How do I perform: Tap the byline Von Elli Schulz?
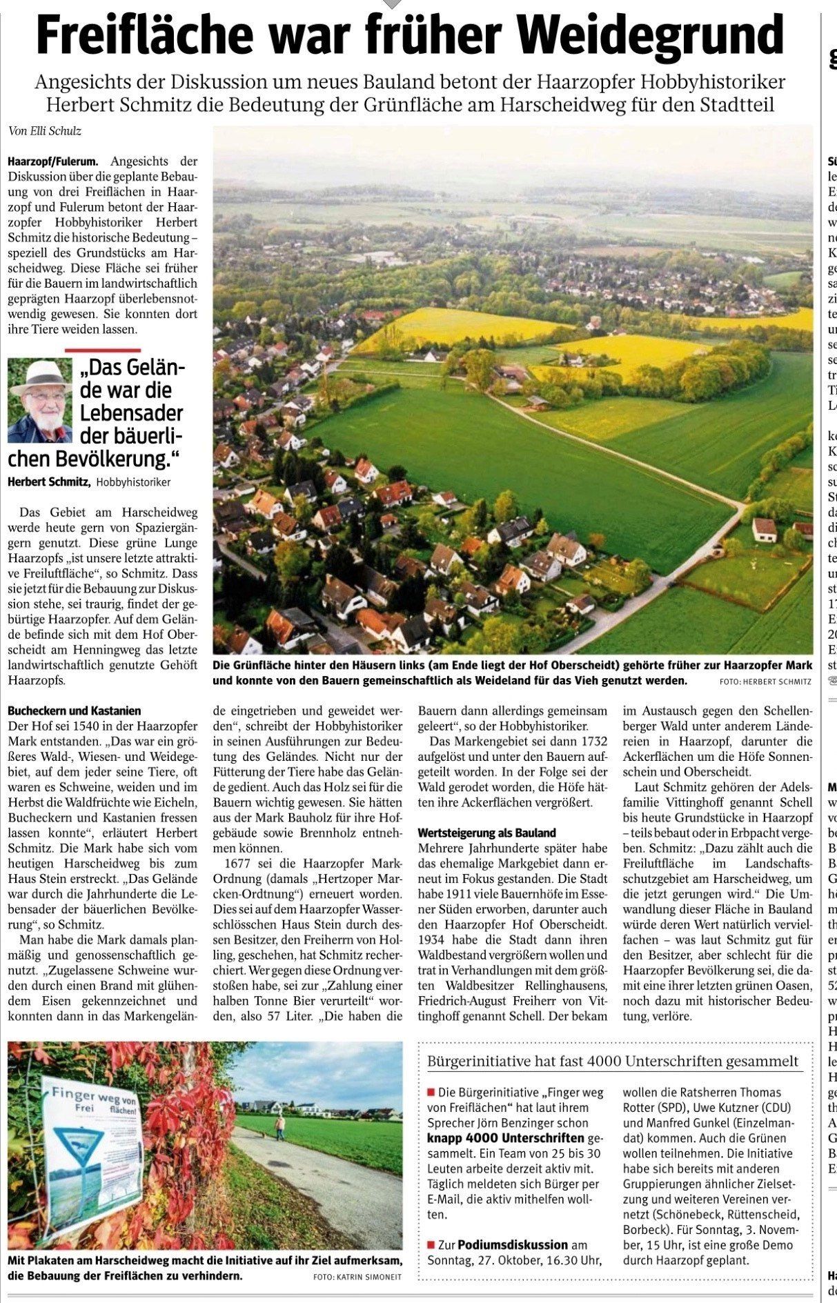tap(40, 131)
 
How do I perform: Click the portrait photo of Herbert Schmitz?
tap(40, 401)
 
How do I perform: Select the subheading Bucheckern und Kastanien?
tap(75, 710)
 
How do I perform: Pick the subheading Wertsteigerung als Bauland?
tap(486, 833)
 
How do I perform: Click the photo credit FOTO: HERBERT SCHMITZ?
tap(765, 682)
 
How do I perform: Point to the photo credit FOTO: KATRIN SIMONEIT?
tap(357, 1277)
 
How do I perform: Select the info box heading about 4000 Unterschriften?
tap(613, 1061)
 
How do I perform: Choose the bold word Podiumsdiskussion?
tap(513, 1244)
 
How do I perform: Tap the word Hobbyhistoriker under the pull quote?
tap(133, 482)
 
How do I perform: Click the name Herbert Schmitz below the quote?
tap(48, 482)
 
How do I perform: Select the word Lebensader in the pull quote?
tap(131, 413)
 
